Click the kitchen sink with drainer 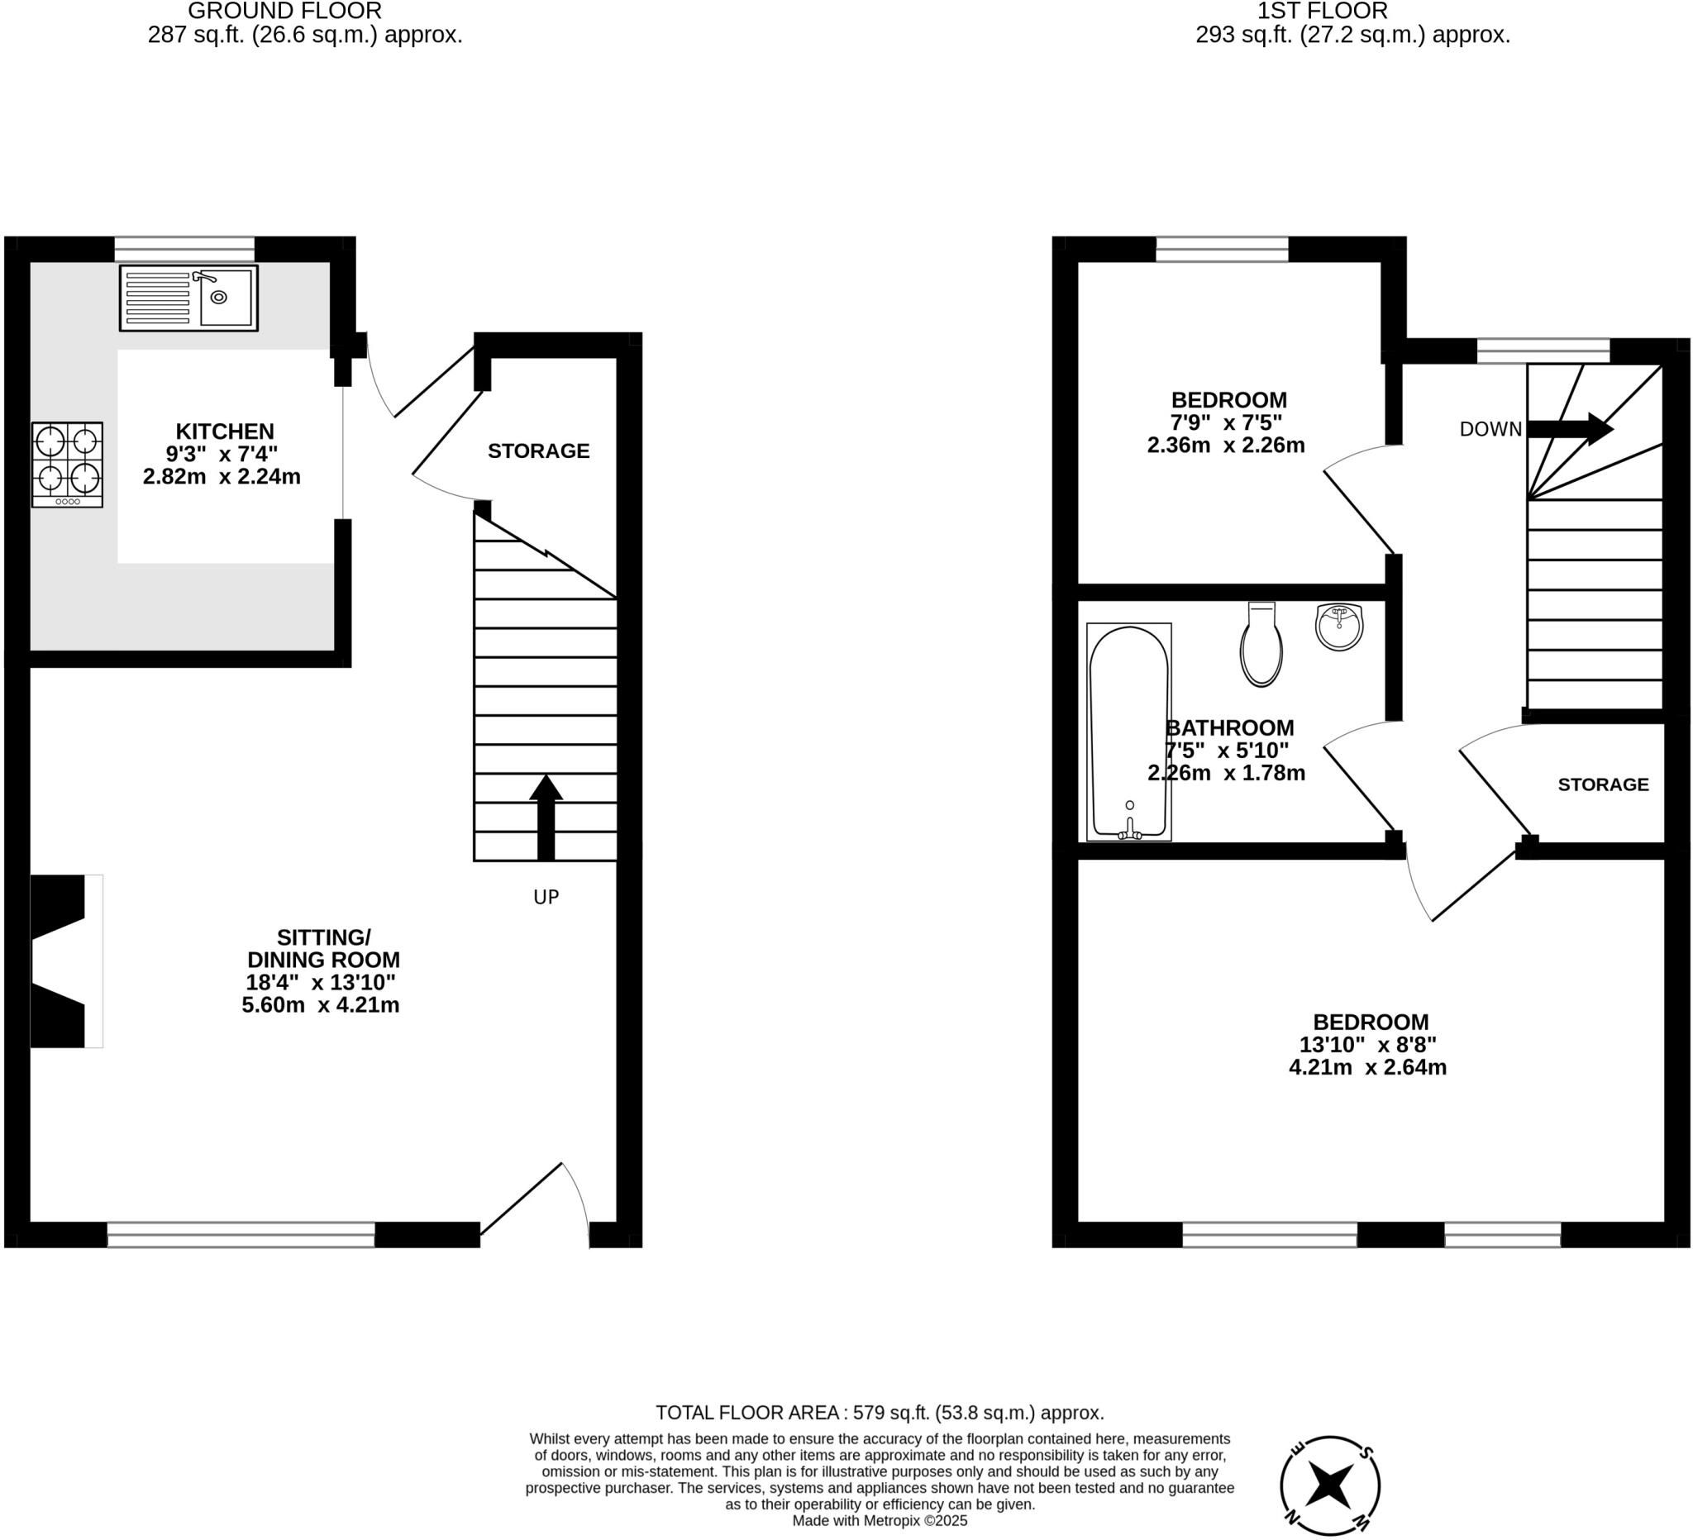tap(188, 298)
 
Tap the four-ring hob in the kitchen tap(67, 465)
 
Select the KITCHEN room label tap(224, 431)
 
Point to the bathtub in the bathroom tap(1128, 732)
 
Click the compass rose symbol tap(1329, 1485)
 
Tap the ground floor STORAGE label tap(538, 451)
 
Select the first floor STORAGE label tap(1602, 784)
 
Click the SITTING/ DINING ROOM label tap(323, 948)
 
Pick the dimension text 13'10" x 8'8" tap(1367, 1045)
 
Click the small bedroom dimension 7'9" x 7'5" tap(1226, 422)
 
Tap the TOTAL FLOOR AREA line tap(880, 1413)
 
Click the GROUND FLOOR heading tap(284, 11)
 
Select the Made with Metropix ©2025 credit tap(880, 1520)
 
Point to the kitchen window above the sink tap(184, 250)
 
